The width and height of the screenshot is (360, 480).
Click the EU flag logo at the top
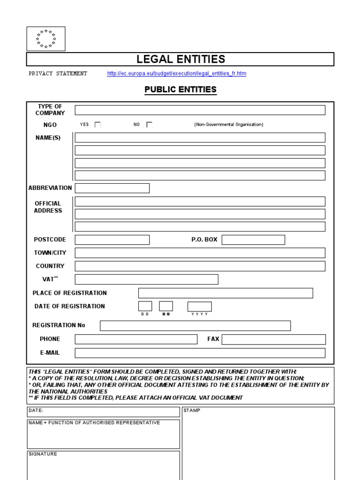pyautogui.click(x=45, y=38)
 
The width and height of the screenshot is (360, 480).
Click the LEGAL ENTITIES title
pyautogui.click(x=180, y=59)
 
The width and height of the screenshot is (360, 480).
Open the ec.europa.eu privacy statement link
pyautogui.click(x=176, y=74)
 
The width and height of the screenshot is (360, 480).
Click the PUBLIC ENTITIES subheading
pyautogui.click(x=180, y=89)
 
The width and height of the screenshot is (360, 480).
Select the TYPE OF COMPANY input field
pyautogui.click(x=200, y=110)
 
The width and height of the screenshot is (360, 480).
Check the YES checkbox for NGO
pyautogui.click(x=97, y=125)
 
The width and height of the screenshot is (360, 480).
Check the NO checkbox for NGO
pyautogui.click(x=149, y=125)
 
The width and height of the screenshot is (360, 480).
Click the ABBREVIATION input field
pyautogui.click(x=112, y=188)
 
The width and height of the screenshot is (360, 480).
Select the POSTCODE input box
pyautogui.click(x=112, y=240)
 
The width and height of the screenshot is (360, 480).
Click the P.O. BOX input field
pyautogui.click(x=253, y=240)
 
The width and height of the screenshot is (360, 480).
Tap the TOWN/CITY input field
pyautogui.click(x=200, y=253)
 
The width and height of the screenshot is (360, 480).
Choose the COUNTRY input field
pyautogui.click(x=200, y=266)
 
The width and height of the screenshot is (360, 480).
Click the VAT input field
pyautogui.click(x=146, y=279)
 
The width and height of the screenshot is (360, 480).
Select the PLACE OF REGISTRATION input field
pyautogui.click(x=225, y=293)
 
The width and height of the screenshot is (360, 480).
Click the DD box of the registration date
pyautogui.click(x=145, y=306)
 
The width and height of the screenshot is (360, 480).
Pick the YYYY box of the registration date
pyautogui.click(x=199, y=306)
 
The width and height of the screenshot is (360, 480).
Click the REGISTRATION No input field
pyautogui.click(x=195, y=325)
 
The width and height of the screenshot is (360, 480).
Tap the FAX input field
pyautogui.click(x=273, y=339)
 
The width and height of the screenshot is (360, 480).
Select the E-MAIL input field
pyautogui.click(x=200, y=352)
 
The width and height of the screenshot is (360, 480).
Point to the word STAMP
pyautogui.click(x=192, y=410)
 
